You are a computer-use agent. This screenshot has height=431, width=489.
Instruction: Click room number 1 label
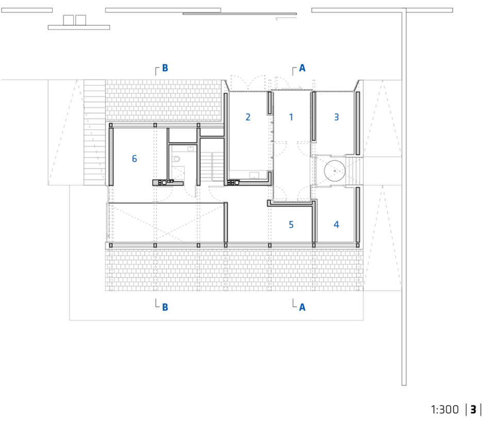coord(291,117)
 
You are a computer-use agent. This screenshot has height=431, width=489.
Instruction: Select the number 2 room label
coord(248,117)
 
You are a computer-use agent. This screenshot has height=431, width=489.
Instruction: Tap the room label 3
coord(336,117)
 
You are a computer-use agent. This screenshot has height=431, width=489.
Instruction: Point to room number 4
coord(336,224)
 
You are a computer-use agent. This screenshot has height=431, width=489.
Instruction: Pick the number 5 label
coord(291,224)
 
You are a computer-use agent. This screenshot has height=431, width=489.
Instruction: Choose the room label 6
coord(135,159)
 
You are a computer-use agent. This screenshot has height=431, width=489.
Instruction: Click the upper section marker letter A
coord(302,68)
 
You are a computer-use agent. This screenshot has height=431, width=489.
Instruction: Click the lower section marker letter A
coord(302,307)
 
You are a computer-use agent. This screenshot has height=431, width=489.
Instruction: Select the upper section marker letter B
coord(165,68)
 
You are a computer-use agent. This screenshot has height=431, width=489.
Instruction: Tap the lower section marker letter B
coord(165,307)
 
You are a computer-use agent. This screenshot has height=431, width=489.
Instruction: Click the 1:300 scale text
coord(445,409)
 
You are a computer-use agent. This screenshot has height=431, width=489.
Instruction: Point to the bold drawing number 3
coord(474,409)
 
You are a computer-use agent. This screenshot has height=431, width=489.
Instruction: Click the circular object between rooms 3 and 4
coord(335,171)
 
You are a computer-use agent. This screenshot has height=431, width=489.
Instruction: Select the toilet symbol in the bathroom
coord(176,159)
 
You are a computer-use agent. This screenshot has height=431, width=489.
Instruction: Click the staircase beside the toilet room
coord(212,166)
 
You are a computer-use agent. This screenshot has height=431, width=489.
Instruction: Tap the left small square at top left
coord(69,20)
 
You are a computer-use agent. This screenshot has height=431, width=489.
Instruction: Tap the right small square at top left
coord(80,20)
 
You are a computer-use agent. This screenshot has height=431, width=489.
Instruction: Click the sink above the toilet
coord(190,149)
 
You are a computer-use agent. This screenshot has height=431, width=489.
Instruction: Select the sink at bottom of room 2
coord(254,175)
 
